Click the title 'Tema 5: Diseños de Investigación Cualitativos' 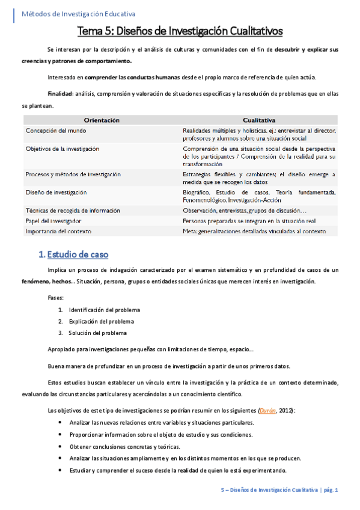(x=180, y=31)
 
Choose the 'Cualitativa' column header (x=259, y=120)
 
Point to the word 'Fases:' (x=56, y=297)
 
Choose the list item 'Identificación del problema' (x=105, y=310)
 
